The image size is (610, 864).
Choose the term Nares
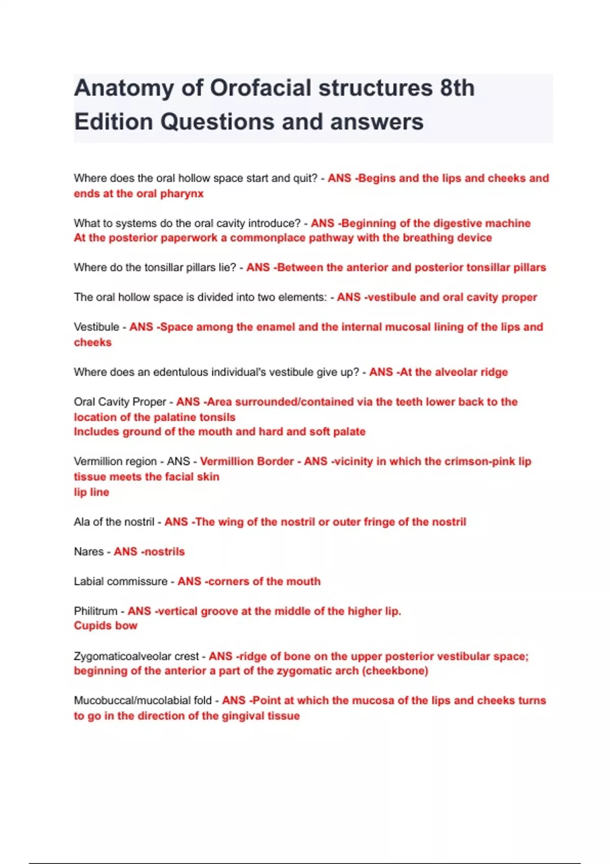(x=88, y=551)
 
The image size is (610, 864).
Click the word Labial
(x=89, y=581)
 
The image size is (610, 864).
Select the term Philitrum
(x=96, y=611)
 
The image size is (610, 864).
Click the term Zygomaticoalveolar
(x=136, y=656)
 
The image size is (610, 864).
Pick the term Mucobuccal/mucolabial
(x=142, y=700)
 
